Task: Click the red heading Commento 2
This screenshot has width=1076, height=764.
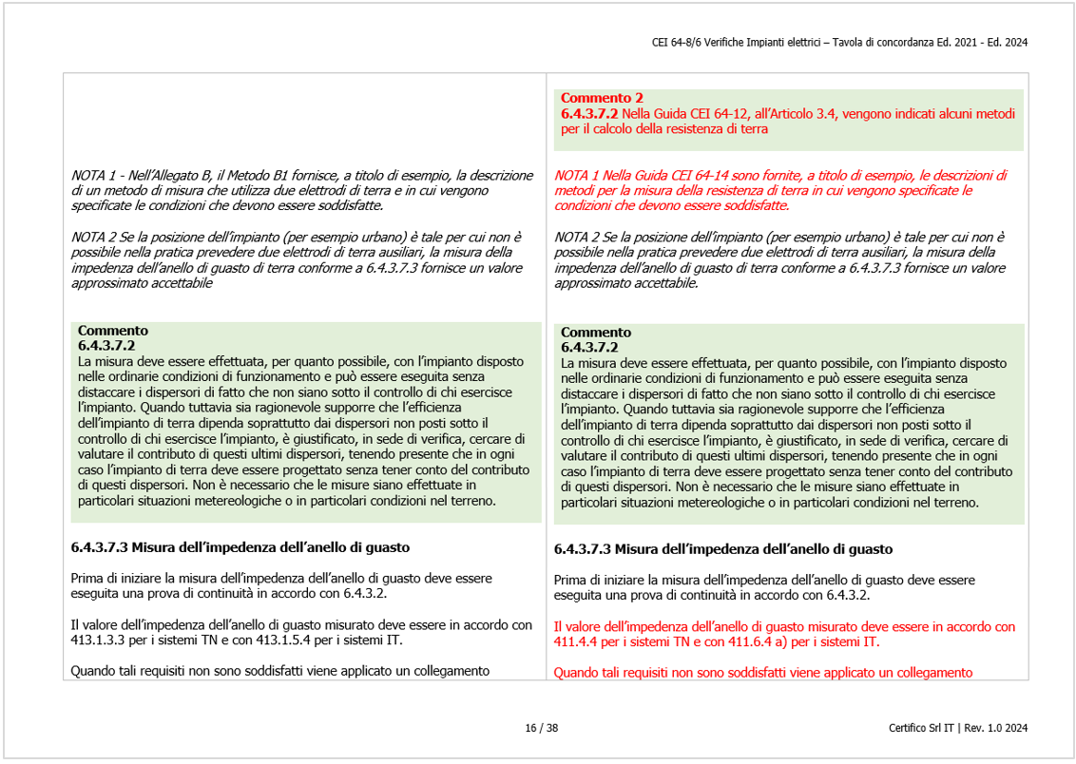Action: [x=601, y=98]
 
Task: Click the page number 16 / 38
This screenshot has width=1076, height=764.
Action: [x=541, y=729]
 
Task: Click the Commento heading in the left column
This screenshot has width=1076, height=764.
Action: [x=112, y=331]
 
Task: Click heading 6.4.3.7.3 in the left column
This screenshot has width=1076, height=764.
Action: [x=100, y=547]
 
